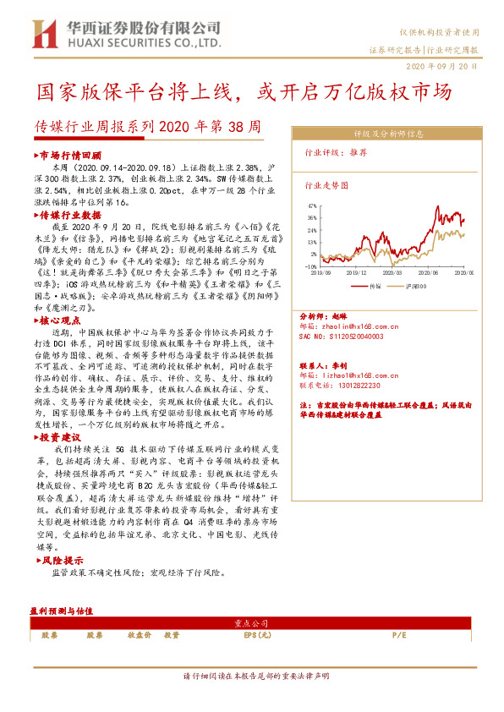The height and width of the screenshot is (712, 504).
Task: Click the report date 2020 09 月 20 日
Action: (x=441, y=65)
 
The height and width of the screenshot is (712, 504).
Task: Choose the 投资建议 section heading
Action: (x=62, y=437)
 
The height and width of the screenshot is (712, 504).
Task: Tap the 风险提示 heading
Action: (x=62, y=560)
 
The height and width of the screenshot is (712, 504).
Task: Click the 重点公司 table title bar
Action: (x=251, y=623)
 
